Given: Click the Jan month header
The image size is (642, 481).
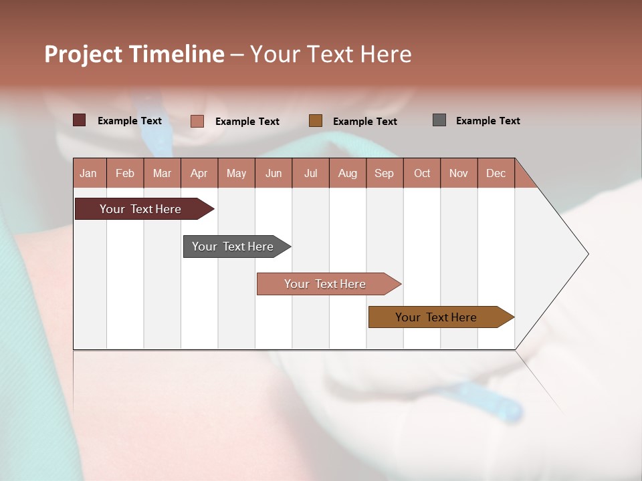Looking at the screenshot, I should pos(89,173).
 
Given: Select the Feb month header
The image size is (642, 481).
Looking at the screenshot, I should pos(125,173).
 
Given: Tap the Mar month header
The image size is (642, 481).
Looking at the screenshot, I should pos(162,173).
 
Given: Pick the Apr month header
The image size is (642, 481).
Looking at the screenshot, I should pos(199,173).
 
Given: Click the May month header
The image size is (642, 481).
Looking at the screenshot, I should pos(236,173).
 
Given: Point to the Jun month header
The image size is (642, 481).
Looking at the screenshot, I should pos(274,173).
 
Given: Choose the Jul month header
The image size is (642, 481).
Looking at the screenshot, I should pos(310,173).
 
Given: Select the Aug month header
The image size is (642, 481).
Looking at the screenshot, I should pos(348,173).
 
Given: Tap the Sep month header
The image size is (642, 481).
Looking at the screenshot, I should pos(385,173).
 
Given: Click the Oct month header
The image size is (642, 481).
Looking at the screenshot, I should pos(422,173).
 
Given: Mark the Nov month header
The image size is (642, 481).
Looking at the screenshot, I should pos(459,173).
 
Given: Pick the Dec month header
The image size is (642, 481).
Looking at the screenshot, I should pos(496,173).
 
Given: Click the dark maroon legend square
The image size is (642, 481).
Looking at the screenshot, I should pos(79,120).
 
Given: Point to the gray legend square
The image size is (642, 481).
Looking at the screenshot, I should pos(439,120).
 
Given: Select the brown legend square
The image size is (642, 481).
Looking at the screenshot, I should pos(316,120).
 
